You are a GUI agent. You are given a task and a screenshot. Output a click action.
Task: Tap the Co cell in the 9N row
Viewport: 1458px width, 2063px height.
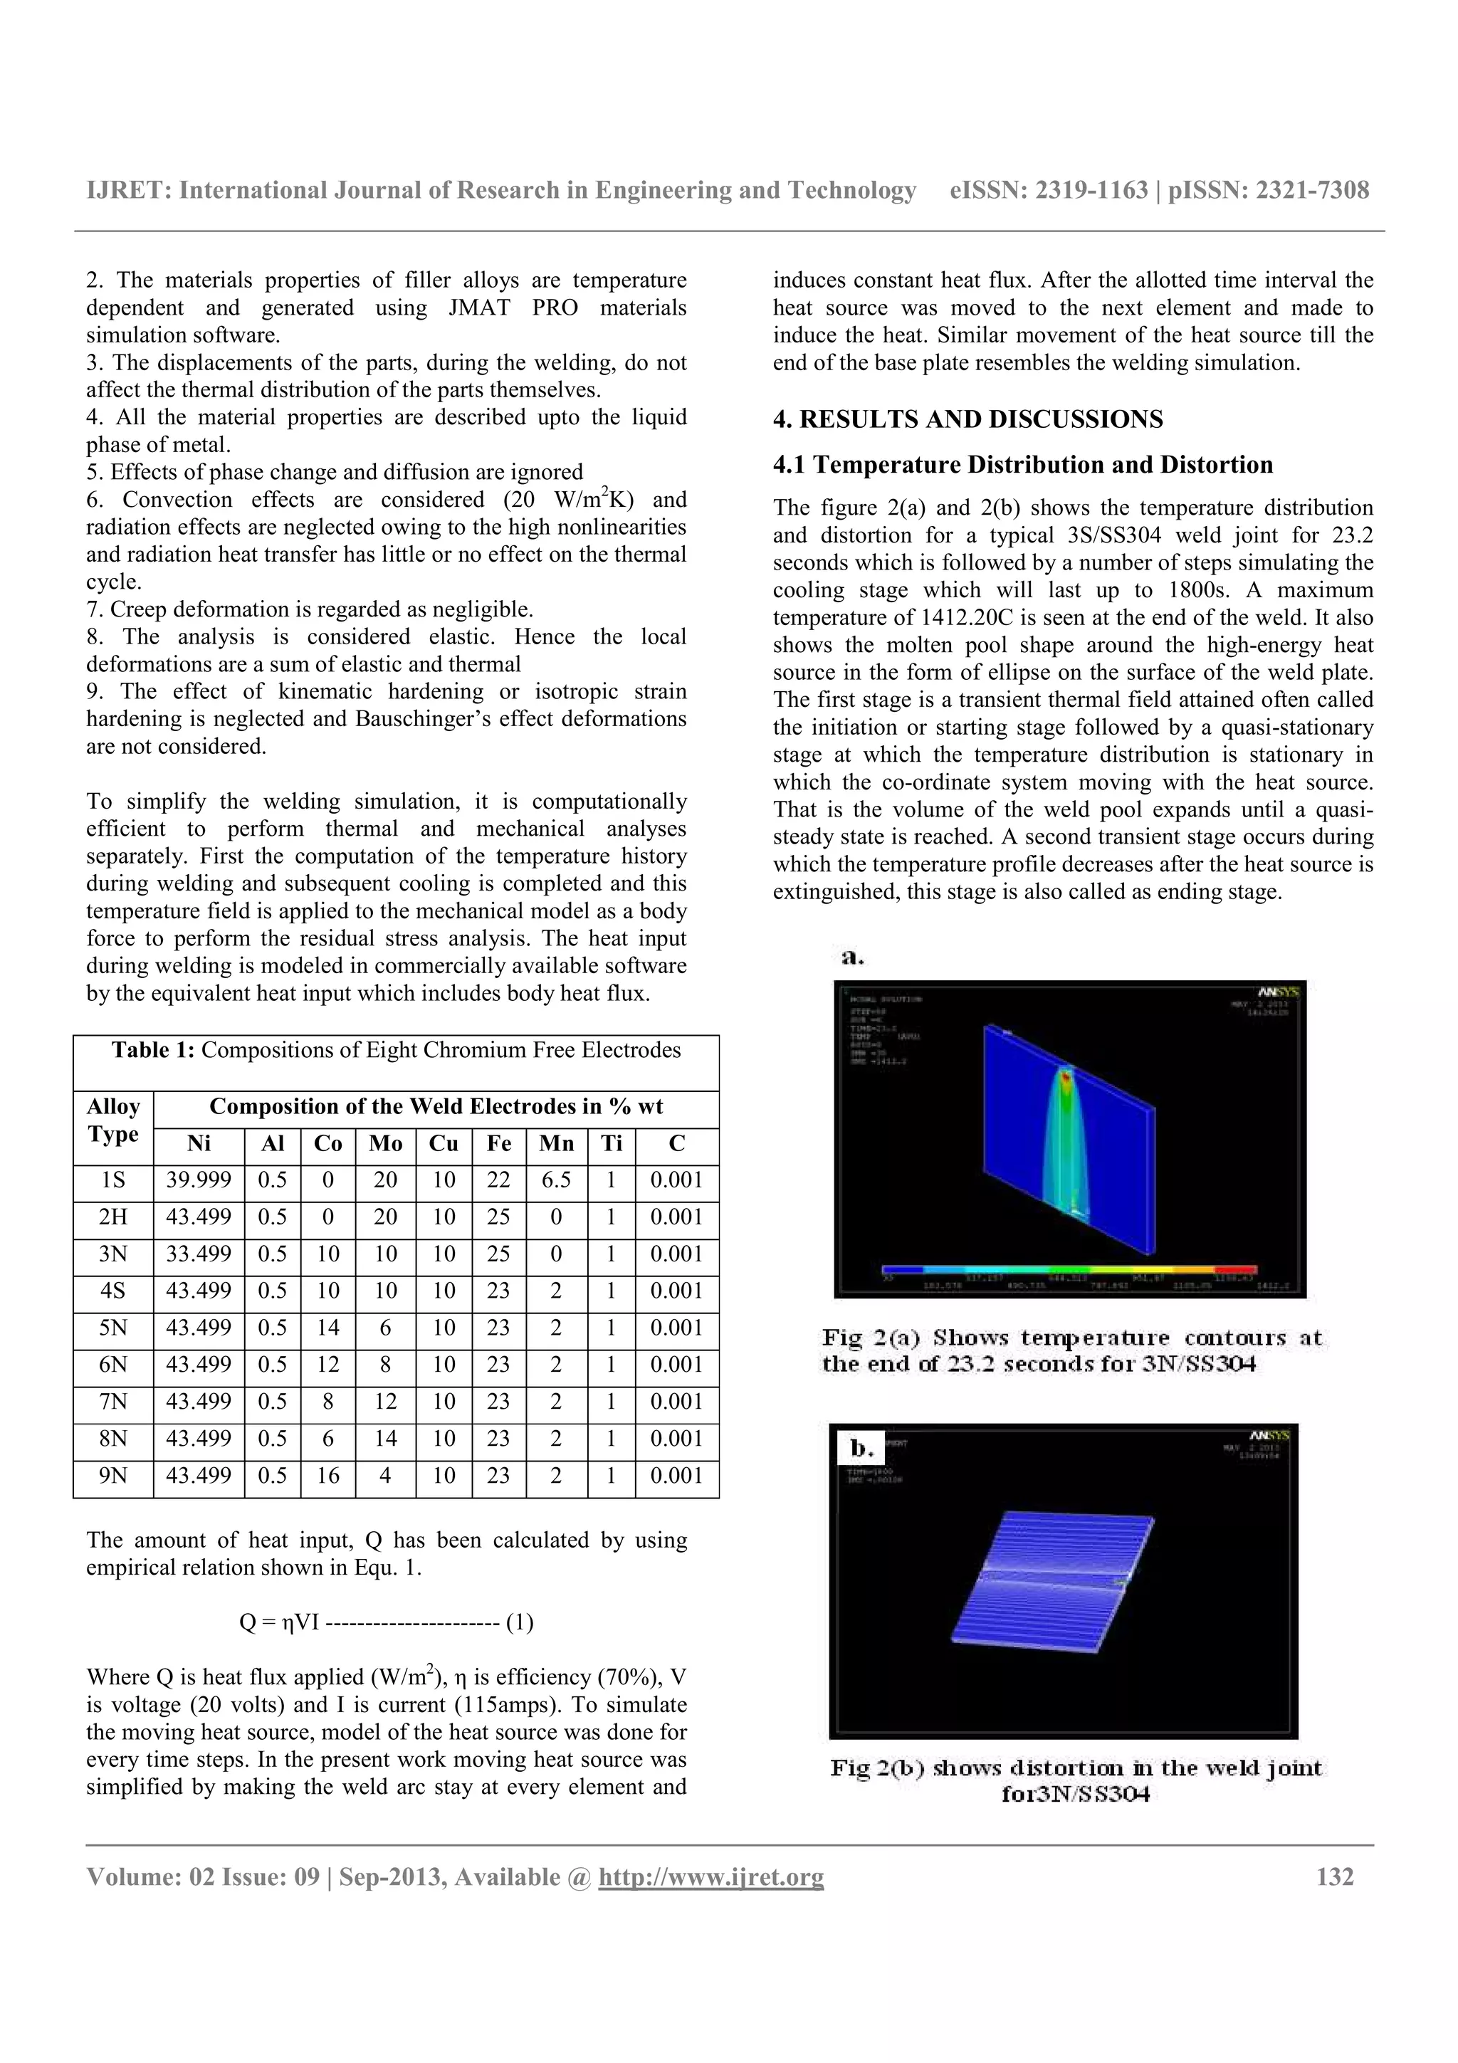click(x=328, y=1476)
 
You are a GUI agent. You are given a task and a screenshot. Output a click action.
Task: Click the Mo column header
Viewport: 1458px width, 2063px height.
click(x=385, y=1144)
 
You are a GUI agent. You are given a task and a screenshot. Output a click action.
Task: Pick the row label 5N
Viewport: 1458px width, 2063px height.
click(x=113, y=1328)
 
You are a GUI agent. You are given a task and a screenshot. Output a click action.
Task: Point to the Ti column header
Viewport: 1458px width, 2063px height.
click(x=611, y=1144)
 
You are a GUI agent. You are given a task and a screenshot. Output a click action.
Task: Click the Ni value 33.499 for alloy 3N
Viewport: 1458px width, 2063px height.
click(x=199, y=1254)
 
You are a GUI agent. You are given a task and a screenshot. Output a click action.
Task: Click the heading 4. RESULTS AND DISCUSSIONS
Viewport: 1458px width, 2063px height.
click(x=967, y=419)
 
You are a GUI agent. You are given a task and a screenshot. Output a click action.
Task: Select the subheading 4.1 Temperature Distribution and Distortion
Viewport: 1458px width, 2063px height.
click(x=1022, y=465)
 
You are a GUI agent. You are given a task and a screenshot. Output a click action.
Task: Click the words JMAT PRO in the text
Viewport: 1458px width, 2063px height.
click(x=513, y=308)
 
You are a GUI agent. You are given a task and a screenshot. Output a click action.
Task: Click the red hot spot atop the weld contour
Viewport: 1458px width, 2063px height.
click(x=1066, y=1076)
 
